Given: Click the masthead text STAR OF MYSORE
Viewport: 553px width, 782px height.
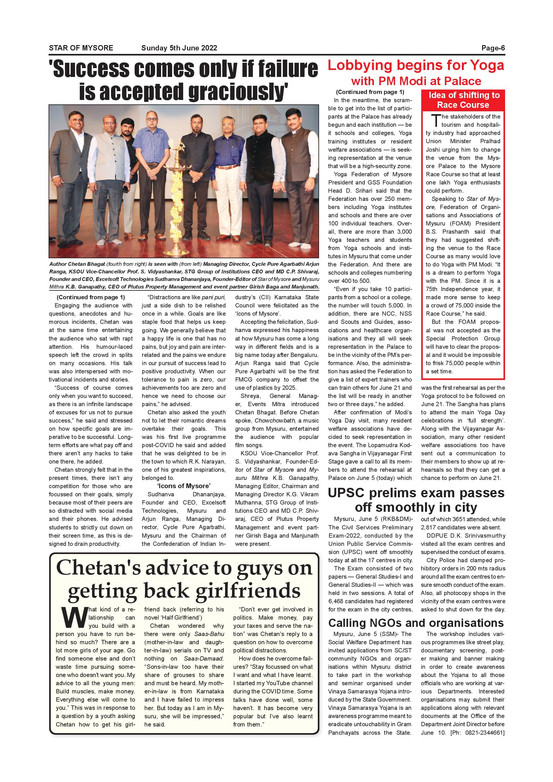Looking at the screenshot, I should pyautogui.click(x=81, y=48).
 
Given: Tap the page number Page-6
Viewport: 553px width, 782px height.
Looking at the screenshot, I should pyautogui.click(x=493, y=48).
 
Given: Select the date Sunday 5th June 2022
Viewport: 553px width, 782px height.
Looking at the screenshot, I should pyautogui.click(x=179, y=48).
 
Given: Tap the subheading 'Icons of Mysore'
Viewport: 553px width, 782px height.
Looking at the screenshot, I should pyautogui.click(x=184, y=486).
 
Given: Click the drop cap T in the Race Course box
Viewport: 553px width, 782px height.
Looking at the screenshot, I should pyautogui.click(x=435, y=120).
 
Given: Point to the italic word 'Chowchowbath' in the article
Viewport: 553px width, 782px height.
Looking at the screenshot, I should pyautogui.click(x=276, y=420).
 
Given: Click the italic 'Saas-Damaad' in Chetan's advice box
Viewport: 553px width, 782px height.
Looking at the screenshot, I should pyautogui.click(x=204, y=658).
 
